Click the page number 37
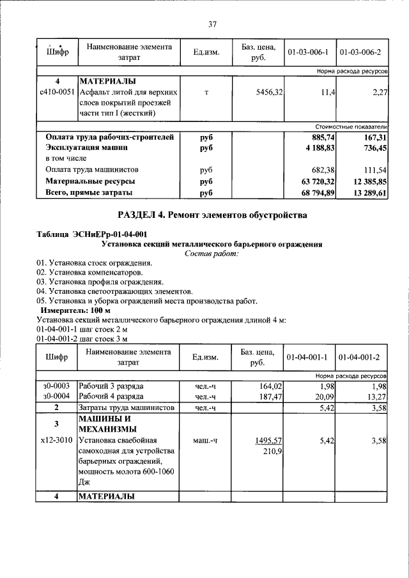coord(212,24)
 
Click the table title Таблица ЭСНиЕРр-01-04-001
coord(92,234)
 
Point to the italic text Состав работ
coord(212,254)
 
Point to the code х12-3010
coord(56,441)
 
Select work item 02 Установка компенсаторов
coord(89,272)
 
